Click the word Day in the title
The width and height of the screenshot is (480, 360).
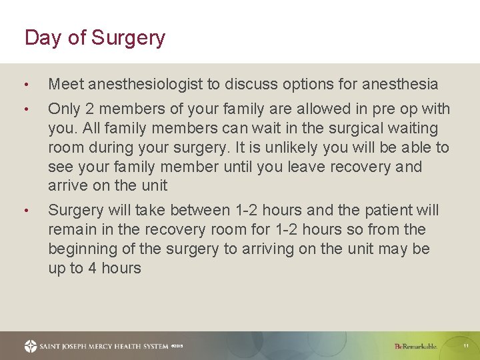(43, 38)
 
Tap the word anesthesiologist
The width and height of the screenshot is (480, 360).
(146, 84)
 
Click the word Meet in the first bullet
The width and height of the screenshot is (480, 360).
(65, 84)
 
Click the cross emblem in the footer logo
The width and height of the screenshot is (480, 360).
(31, 346)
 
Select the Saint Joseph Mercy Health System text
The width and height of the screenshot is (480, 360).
(101, 347)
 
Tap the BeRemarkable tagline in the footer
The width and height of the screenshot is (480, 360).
(415, 346)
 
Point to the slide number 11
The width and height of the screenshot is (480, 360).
(466, 346)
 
